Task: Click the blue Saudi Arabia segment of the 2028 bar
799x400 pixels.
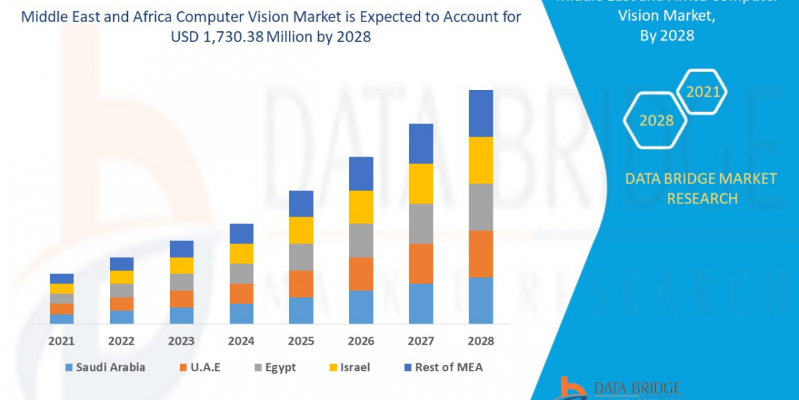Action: click(481, 300)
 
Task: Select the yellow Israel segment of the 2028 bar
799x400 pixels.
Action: click(481, 160)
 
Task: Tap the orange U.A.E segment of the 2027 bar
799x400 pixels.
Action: click(421, 263)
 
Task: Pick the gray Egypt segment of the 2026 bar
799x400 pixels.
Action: click(361, 240)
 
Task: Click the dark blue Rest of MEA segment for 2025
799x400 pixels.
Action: click(301, 203)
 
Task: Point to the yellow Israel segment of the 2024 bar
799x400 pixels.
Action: click(241, 253)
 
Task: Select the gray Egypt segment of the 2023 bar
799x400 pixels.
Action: click(181, 282)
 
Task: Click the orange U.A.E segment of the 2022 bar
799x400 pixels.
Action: click(121, 304)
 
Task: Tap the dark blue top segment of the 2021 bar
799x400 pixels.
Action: click(61, 279)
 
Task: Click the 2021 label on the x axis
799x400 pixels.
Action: click(61, 341)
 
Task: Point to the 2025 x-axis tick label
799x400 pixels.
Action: click(301, 341)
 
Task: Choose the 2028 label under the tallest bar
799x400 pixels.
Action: click(481, 341)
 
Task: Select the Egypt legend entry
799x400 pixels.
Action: click(277, 367)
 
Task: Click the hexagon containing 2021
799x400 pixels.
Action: click(702, 92)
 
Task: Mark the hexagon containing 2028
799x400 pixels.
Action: click(656, 121)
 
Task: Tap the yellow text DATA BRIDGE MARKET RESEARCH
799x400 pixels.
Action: click(701, 188)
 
